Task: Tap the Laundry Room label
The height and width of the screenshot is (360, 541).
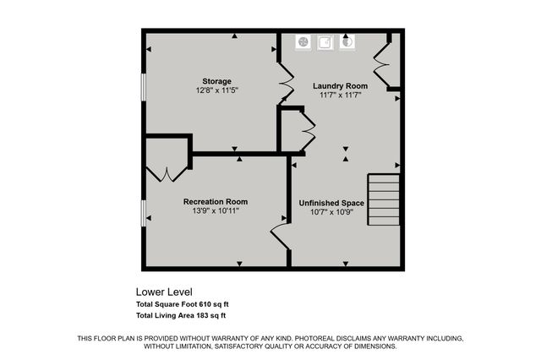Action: point(340,85)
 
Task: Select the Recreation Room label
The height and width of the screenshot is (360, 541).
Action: point(216,201)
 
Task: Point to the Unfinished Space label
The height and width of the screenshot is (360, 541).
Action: point(331,202)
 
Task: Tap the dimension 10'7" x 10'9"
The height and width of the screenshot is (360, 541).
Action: point(331,211)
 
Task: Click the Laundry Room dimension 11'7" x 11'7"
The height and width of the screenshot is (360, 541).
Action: point(340,95)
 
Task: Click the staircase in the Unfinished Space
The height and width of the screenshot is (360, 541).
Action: point(383,199)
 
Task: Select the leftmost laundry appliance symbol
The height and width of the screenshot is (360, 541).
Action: point(305,41)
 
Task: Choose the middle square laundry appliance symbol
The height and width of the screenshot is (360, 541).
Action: point(325,41)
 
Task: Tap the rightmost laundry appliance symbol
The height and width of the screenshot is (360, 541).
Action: point(347,41)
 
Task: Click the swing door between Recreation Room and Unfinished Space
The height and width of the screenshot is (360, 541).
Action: point(280,231)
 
